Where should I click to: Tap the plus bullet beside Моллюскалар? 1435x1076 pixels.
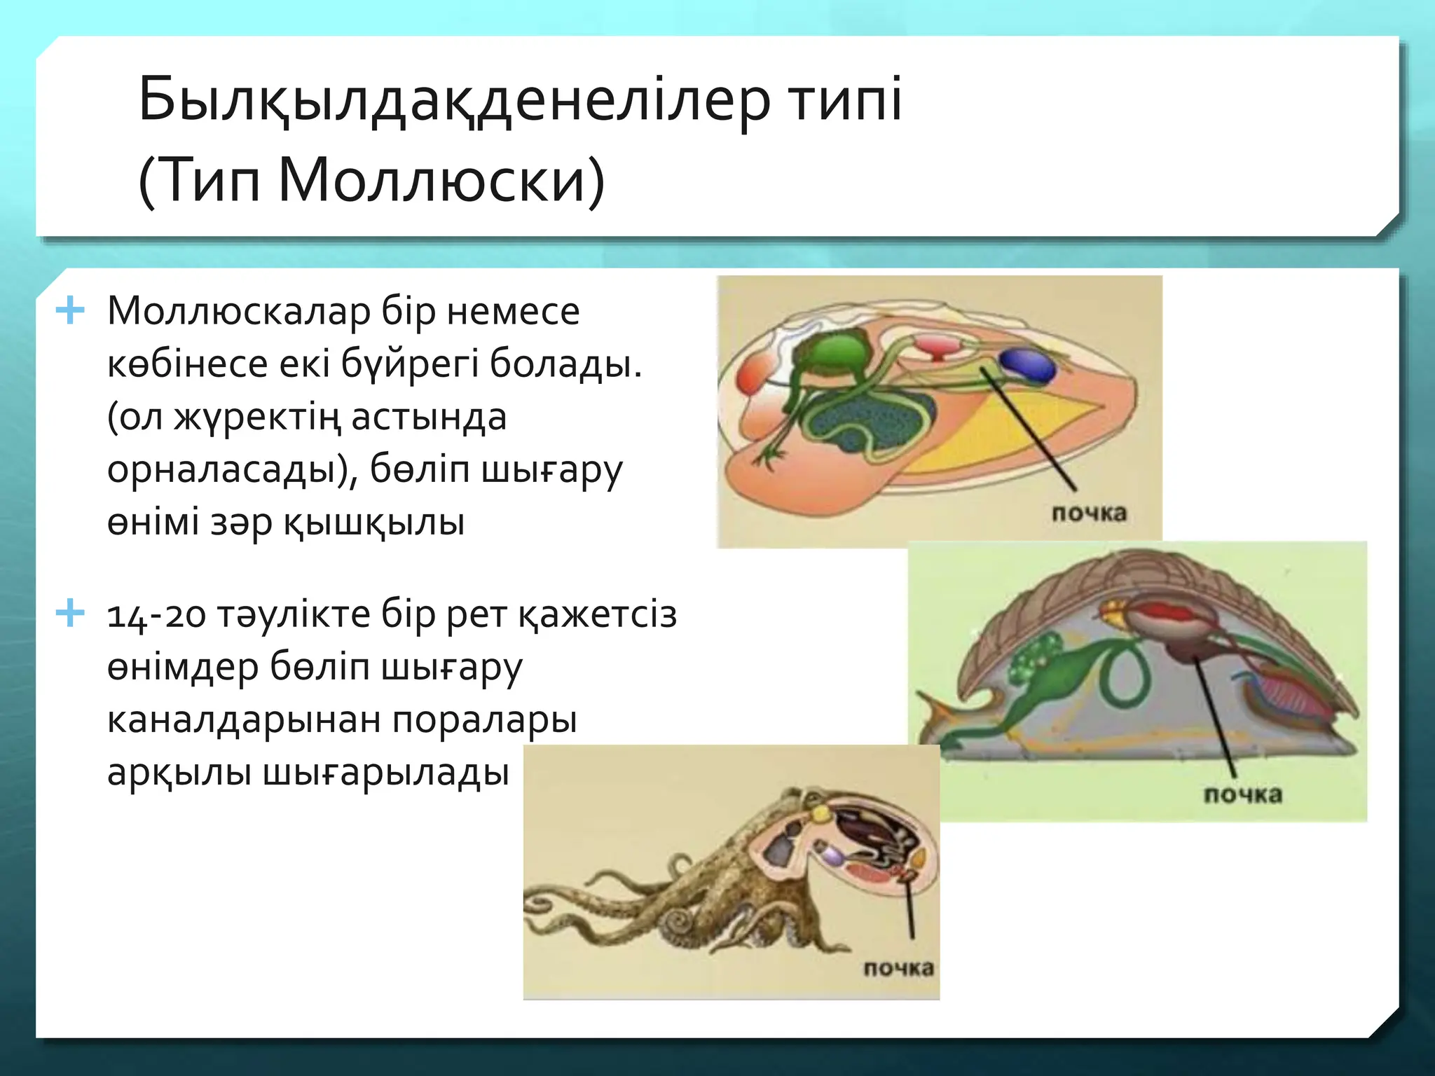[70, 310]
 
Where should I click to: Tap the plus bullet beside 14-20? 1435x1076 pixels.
[70, 614]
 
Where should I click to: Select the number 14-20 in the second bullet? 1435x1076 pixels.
[156, 616]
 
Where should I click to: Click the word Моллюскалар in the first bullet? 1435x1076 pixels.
[238, 312]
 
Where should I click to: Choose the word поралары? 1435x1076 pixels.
[485, 720]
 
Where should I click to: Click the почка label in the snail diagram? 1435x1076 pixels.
[1242, 795]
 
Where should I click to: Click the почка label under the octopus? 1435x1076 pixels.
[898, 970]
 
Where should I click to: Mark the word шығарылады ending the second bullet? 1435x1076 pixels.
[385, 773]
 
